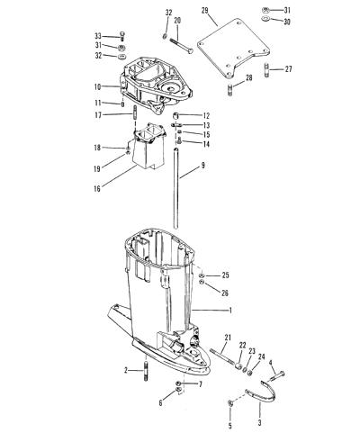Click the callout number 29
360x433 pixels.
[205, 11]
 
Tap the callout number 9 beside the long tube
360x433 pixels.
[203, 165]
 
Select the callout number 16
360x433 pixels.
[97, 189]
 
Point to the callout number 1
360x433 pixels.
[230, 311]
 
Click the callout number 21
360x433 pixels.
[228, 338]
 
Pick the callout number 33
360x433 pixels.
[98, 36]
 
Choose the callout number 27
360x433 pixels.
[288, 69]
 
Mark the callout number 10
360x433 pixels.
[98, 87]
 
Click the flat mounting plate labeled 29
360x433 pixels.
[234, 50]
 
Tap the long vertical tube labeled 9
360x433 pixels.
[176, 188]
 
